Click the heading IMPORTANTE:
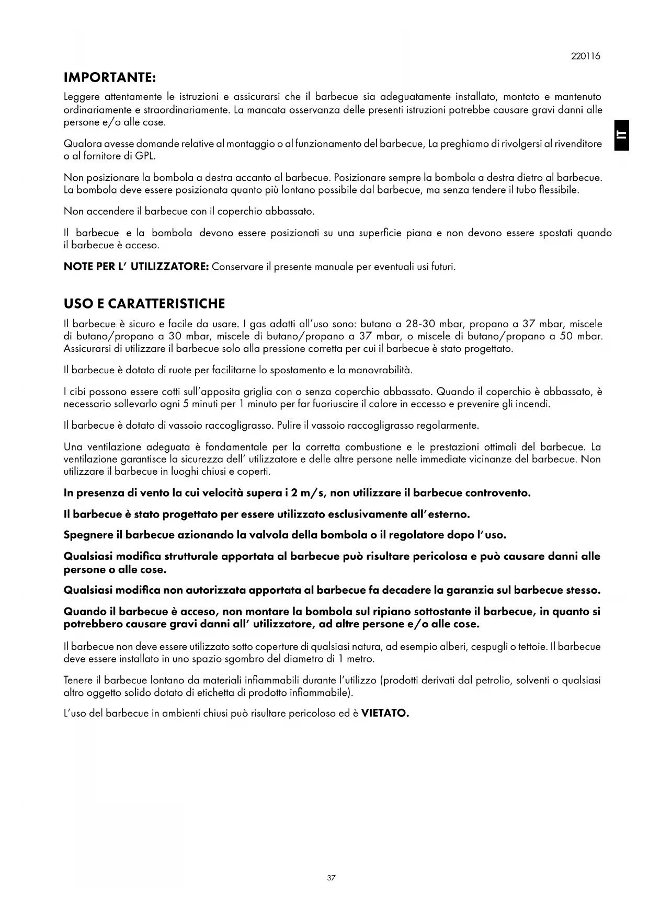click(x=110, y=78)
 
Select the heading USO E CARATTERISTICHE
click(x=144, y=304)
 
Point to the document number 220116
click(x=586, y=56)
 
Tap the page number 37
click(x=331, y=878)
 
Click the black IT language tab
click(x=621, y=135)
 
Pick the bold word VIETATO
click(x=385, y=714)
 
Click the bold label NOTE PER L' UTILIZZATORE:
click(x=136, y=267)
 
